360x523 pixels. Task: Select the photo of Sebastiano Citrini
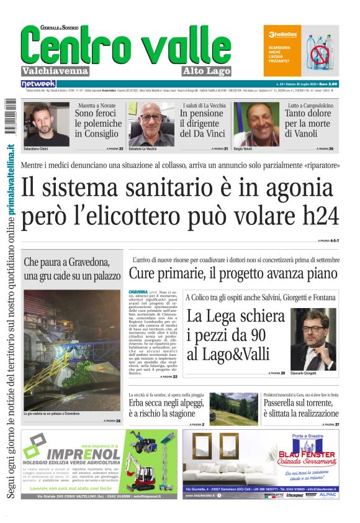[47, 124]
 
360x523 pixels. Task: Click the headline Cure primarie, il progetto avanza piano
[233, 273]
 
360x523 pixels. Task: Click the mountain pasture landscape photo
[233, 407]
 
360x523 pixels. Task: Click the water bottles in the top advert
[320, 51]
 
